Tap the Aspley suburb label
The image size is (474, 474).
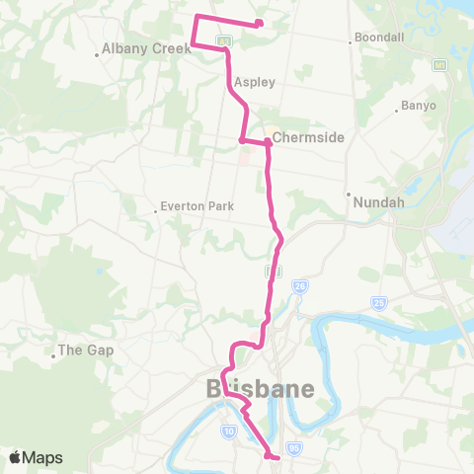[x=254, y=83]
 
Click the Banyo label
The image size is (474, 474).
[x=419, y=106]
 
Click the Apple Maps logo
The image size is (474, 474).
[x=37, y=457]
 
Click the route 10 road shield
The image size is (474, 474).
[x=228, y=432]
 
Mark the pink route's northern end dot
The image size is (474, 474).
[x=259, y=24]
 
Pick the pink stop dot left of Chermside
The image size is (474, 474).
[x=242, y=140]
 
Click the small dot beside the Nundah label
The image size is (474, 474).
[x=348, y=195]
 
